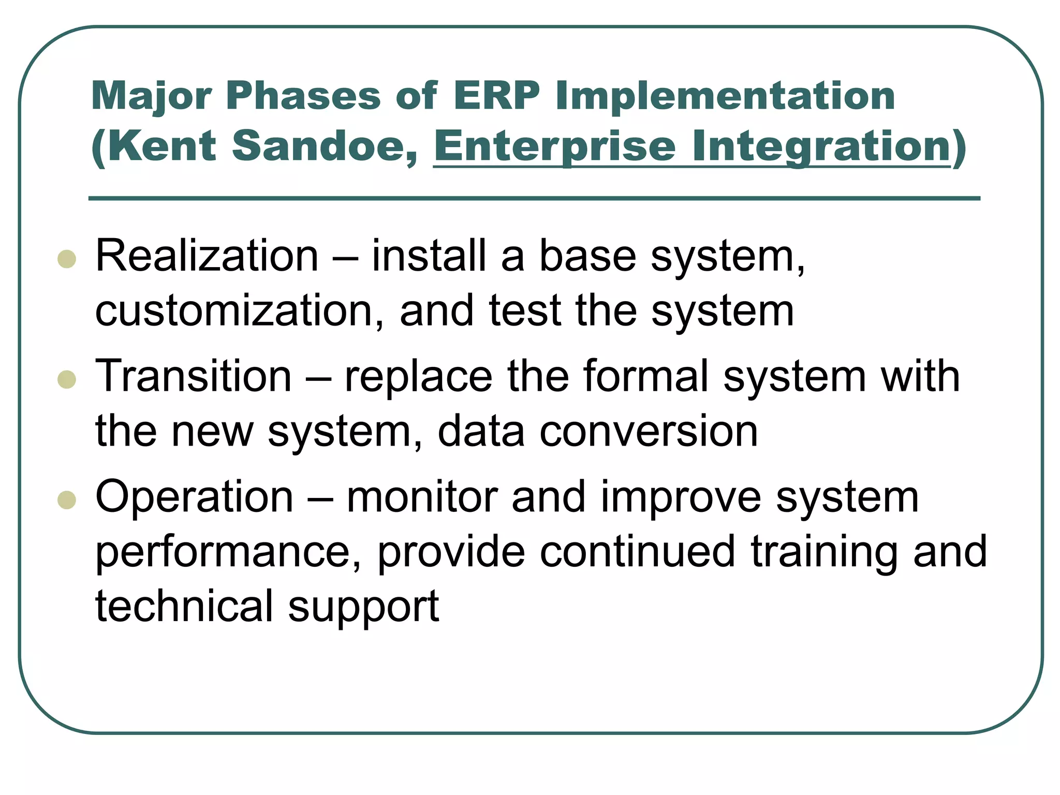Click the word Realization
coord(207,256)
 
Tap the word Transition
coord(194,376)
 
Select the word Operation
coord(195,497)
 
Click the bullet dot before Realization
coord(67,259)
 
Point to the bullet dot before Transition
coord(67,379)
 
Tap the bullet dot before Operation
coord(67,500)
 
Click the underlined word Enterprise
coord(554,146)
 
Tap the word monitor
coord(422,497)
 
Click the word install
coord(429,256)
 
